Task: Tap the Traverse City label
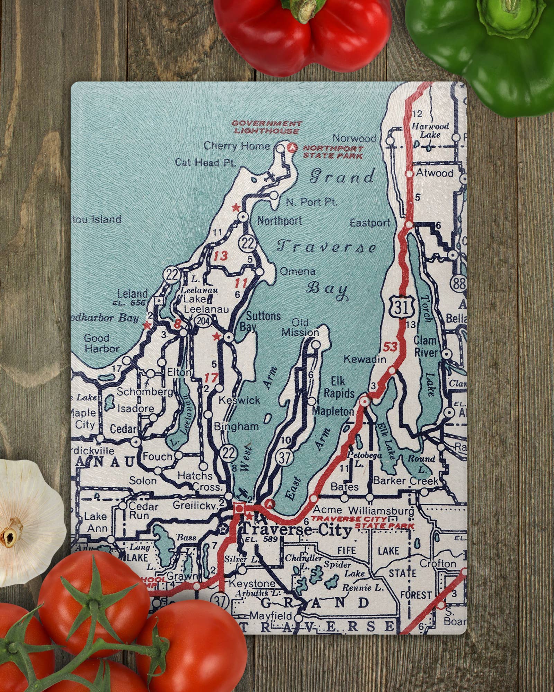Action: coord(296,530)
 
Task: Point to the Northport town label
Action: coord(279,220)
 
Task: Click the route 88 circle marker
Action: coord(459,284)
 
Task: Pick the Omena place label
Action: coord(297,271)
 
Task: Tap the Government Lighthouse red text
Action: coord(267,127)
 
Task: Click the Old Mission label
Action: coord(300,328)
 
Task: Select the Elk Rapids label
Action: coord(338,388)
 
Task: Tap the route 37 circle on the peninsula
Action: coord(284,457)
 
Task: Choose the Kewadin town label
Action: coord(365,359)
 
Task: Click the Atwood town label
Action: coord(435,173)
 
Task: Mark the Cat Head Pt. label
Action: coord(205,162)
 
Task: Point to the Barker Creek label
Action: coord(405,481)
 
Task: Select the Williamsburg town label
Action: coord(381,510)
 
